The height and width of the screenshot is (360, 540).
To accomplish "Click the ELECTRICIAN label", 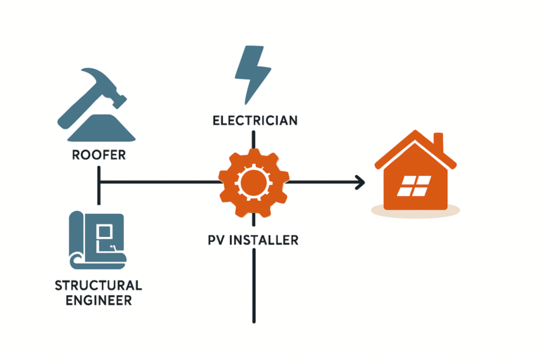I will click(x=255, y=120).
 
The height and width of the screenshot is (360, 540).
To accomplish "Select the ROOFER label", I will click(x=98, y=155).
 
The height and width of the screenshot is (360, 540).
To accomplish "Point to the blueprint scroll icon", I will click(x=98, y=240).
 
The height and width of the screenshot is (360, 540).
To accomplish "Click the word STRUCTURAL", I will click(x=98, y=285).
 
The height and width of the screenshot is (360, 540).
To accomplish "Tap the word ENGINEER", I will click(x=98, y=301).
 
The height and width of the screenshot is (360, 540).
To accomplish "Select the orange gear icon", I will click(x=253, y=184).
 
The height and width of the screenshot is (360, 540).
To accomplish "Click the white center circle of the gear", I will click(x=253, y=184).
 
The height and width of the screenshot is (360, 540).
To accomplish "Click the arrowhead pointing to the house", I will click(x=359, y=183).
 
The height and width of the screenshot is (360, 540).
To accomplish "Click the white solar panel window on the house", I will click(x=411, y=187).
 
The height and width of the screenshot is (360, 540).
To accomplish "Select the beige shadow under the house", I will click(x=415, y=210).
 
